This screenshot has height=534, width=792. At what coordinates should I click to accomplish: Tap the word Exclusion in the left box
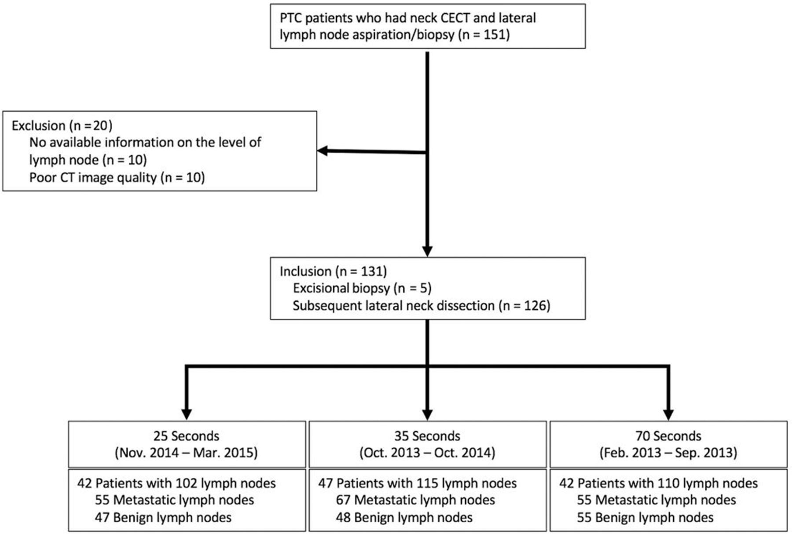tap(39, 126)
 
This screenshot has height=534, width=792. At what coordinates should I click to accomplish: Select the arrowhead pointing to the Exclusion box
tap(323, 151)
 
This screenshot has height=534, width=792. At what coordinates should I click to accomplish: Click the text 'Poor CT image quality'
tap(93, 177)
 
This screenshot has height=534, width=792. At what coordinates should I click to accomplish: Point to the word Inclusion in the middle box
tap(306, 271)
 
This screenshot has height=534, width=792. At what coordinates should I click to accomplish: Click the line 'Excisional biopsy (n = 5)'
tap(362, 288)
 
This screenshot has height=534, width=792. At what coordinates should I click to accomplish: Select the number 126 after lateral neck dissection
tap(535, 305)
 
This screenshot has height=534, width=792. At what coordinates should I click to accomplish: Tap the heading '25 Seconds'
tap(186, 436)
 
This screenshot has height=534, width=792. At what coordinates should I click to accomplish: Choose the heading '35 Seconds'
tap(427, 436)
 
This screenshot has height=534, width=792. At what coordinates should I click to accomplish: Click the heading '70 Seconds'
tap(668, 436)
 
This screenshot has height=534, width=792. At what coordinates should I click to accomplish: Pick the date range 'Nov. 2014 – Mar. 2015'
tap(186, 453)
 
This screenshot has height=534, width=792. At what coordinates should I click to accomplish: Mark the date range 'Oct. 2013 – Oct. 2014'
tap(427, 453)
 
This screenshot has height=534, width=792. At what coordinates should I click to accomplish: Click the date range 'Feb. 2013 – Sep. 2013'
tap(668, 453)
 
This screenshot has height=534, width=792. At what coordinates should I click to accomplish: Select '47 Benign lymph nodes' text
tap(163, 517)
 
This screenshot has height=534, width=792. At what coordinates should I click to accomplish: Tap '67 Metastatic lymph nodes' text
tap(415, 500)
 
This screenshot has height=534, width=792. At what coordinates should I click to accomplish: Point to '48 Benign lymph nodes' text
tap(404, 517)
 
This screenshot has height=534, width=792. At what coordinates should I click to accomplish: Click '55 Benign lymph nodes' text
tap(645, 517)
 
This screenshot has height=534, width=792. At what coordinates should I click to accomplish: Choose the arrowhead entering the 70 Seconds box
tap(668, 414)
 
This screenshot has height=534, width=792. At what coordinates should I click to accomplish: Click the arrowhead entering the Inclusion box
tap(427, 251)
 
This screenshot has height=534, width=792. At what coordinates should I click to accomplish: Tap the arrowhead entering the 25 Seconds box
tap(187, 414)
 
